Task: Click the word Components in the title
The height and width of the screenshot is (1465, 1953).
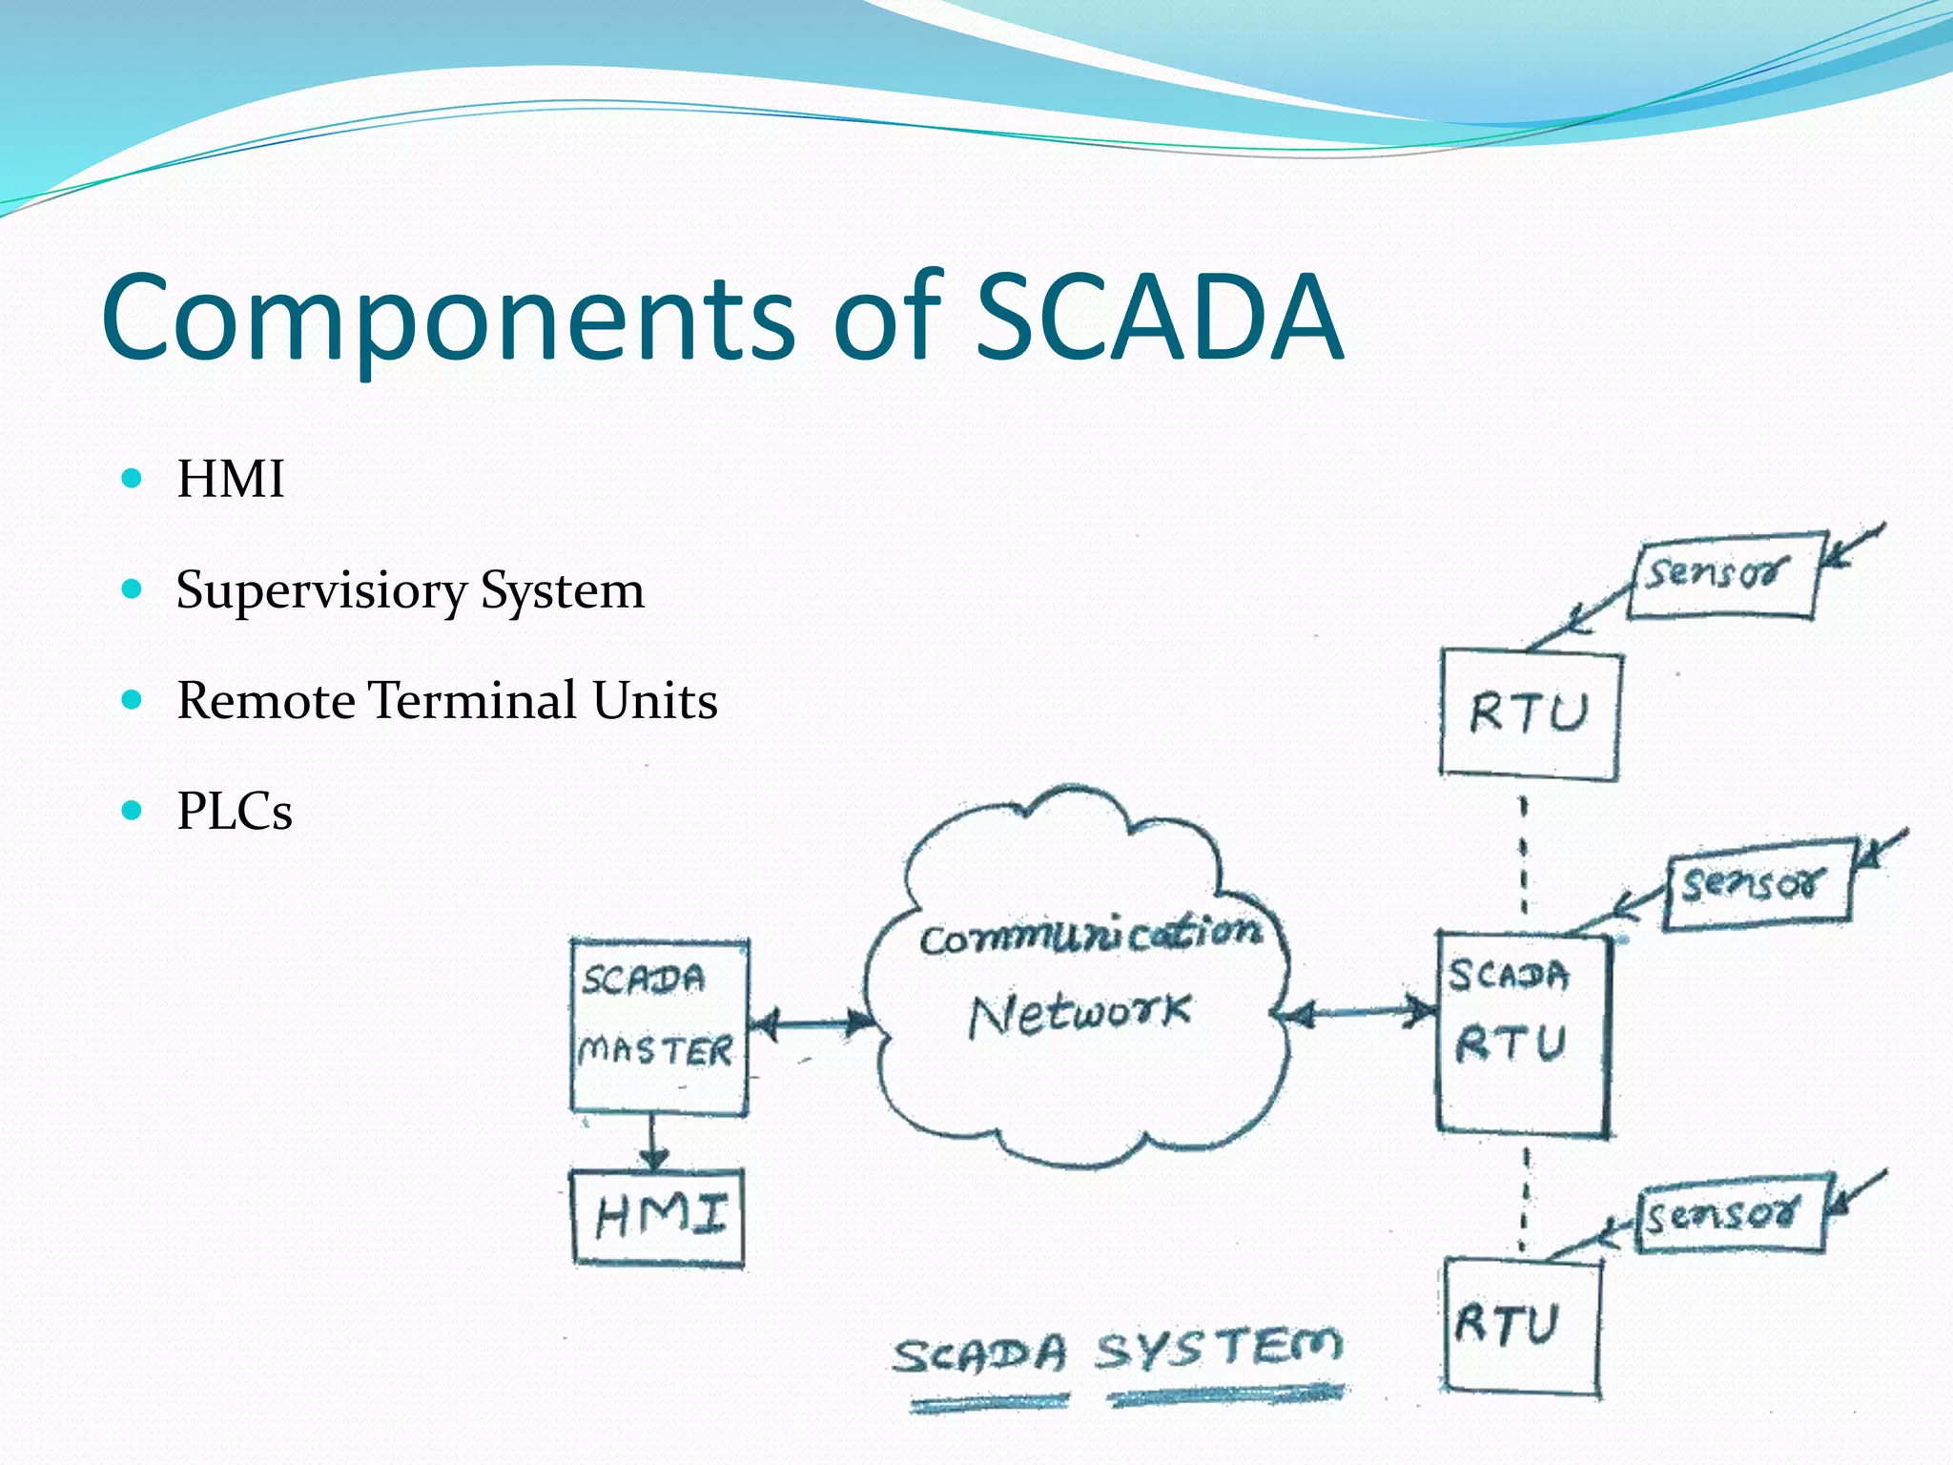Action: click(448, 320)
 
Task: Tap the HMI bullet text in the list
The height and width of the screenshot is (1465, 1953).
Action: click(231, 479)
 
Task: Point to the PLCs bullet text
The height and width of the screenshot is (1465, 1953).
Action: click(235, 812)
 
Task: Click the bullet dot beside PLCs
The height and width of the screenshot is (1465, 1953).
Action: click(133, 811)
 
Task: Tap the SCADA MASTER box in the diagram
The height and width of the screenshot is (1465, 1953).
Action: click(659, 1026)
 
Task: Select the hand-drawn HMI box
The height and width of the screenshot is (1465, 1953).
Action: click(658, 1217)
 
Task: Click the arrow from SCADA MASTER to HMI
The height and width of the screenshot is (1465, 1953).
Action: click(653, 1143)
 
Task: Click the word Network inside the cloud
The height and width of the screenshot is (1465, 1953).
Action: click(1080, 1015)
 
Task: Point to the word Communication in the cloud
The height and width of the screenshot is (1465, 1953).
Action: click(1090, 936)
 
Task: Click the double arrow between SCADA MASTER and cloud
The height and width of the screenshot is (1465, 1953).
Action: click(812, 1024)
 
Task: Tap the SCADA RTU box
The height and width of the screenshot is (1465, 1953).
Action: click(1522, 1035)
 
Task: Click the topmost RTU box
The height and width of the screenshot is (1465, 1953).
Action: click(1530, 713)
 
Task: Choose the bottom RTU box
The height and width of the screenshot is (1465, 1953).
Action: click(1521, 1326)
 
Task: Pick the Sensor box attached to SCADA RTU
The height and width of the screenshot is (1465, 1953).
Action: click(1758, 884)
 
